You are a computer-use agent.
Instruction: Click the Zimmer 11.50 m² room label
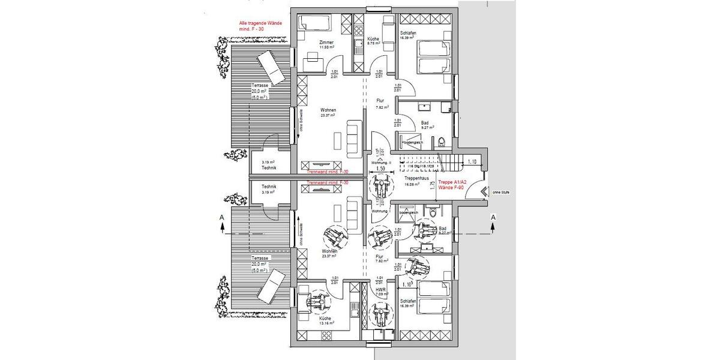[326, 44]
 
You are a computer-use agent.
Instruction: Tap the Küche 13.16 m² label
[326, 320]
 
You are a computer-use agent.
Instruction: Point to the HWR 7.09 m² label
[379, 291]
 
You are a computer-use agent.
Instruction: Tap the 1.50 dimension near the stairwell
[380, 170]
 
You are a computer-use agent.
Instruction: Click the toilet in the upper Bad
[442, 142]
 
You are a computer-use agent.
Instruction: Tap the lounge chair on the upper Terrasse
[271, 68]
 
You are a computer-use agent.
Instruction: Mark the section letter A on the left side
[221, 216]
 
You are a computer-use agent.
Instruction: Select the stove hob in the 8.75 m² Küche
[358, 28]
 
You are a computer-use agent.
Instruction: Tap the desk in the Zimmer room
[311, 58]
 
